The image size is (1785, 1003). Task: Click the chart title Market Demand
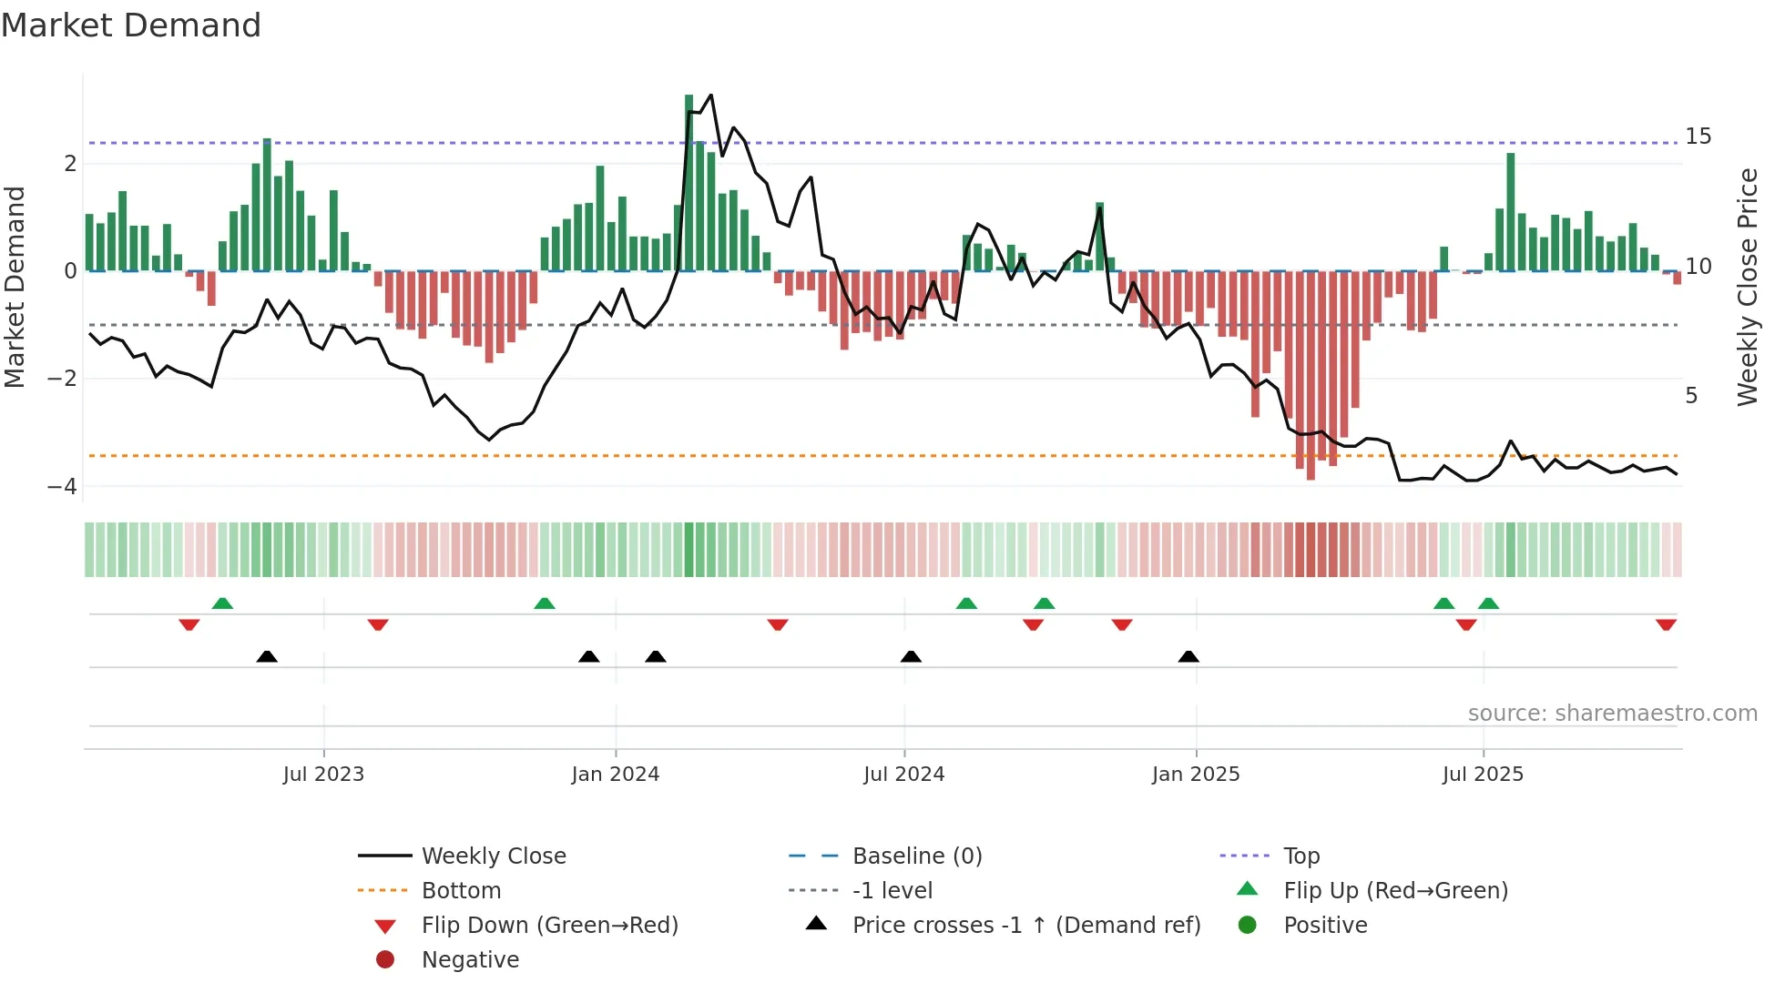131,25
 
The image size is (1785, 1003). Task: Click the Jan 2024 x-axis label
615,775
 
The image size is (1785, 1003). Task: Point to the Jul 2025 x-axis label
1482,775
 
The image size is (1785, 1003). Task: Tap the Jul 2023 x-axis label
323,775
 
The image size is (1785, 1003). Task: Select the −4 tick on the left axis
63,487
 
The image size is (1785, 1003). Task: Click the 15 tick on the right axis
1698,137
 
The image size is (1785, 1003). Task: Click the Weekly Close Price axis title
1747,287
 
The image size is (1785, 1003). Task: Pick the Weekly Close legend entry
493,856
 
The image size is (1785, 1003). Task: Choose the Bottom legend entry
461,891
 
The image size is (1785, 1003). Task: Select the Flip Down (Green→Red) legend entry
549,926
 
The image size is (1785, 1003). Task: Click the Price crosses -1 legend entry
1025,926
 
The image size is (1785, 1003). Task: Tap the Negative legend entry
470,960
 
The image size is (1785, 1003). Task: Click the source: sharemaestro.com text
1612,714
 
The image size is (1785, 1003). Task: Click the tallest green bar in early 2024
689,182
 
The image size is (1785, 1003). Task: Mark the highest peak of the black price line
710,96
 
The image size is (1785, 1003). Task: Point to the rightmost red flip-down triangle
1666,624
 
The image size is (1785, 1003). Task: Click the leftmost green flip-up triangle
222,603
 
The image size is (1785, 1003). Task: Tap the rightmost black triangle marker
1188,656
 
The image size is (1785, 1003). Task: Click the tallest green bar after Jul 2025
1511,211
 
